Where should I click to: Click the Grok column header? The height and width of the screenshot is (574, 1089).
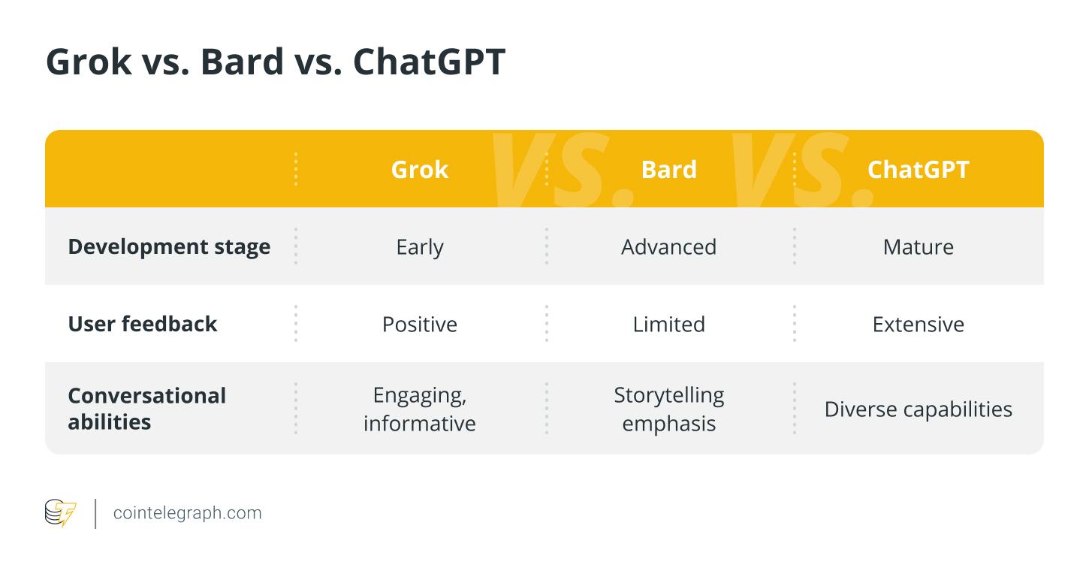pyautogui.click(x=420, y=170)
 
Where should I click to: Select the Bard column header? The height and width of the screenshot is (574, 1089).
pyautogui.click(x=669, y=170)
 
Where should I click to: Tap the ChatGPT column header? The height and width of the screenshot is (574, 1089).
pyautogui.click(x=919, y=170)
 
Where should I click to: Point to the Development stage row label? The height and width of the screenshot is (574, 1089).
pyautogui.click(x=169, y=247)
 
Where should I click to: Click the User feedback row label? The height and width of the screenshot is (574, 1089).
pyautogui.click(x=143, y=324)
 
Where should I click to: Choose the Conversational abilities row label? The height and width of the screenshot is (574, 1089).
pyautogui.click(x=146, y=409)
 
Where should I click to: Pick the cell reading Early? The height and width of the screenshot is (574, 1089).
pyautogui.click(x=420, y=248)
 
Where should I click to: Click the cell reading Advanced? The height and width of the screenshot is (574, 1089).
pyautogui.click(x=669, y=247)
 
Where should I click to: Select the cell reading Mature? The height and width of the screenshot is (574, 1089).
pyautogui.click(x=919, y=247)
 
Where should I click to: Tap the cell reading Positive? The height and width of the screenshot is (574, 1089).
pyautogui.click(x=420, y=325)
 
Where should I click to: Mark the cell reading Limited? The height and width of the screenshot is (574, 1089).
pyautogui.click(x=669, y=325)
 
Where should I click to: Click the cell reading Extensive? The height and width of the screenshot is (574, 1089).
pyautogui.click(x=919, y=325)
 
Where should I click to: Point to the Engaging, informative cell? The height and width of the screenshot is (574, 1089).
pyautogui.click(x=420, y=409)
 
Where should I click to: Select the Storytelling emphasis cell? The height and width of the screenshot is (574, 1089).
pyautogui.click(x=669, y=409)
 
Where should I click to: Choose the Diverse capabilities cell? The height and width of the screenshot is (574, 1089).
pyautogui.click(x=919, y=409)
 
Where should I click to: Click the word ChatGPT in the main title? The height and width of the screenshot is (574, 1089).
pyautogui.click(x=430, y=62)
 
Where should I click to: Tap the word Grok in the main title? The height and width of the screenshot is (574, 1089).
pyautogui.click(x=89, y=62)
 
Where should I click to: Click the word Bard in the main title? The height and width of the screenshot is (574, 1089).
pyautogui.click(x=242, y=62)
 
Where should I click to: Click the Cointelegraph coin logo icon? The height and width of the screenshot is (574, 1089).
pyautogui.click(x=60, y=512)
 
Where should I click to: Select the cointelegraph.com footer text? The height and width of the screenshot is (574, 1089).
pyautogui.click(x=187, y=513)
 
